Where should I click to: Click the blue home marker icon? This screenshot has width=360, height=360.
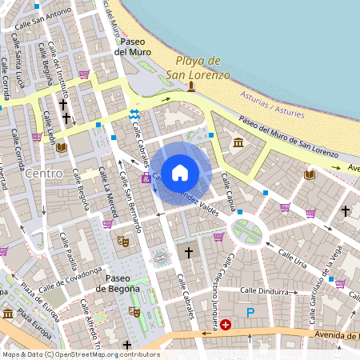tap(180, 172)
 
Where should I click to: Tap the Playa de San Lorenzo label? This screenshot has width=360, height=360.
tap(198, 69)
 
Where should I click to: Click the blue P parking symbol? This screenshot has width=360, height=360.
tap(250, 314)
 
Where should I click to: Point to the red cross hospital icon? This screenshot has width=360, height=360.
tap(226, 325)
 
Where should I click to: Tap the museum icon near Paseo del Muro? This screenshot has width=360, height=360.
tap(238, 143)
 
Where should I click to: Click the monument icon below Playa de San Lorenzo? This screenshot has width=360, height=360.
tap(191, 86)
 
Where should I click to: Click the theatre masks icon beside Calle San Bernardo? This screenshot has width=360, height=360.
tap(123, 239)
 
